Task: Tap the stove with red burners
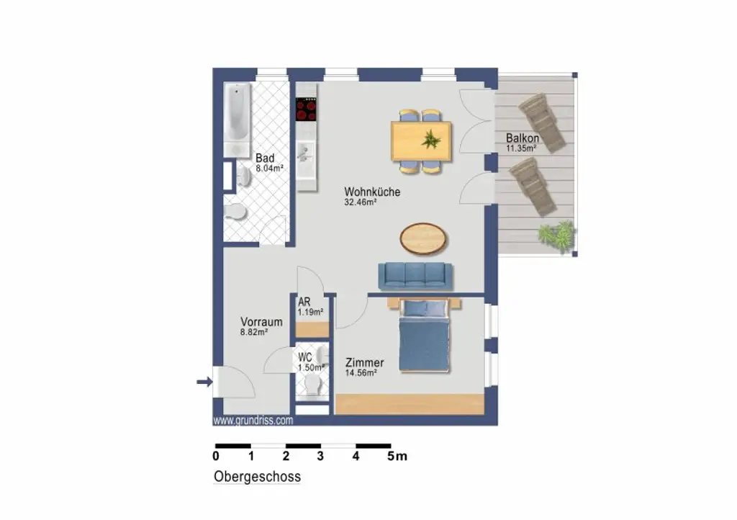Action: (x=307, y=109)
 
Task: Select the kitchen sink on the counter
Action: (x=306, y=153)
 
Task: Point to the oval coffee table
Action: (x=422, y=238)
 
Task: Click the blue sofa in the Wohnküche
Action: (x=415, y=275)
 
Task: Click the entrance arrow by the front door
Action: (x=204, y=382)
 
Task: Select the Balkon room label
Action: (x=522, y=138)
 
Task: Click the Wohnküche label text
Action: (x=371, y=192)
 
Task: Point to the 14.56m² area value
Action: (x=361, y=373)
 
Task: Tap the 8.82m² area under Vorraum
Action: (x=254, y=333)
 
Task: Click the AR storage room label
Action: (x=304, y=302)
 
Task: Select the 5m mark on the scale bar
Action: (x=397, y=456)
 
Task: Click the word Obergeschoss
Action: (x=257, y=477)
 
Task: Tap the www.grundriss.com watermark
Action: (x=253, y=421)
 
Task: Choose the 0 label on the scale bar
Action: (x=216, y=456)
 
